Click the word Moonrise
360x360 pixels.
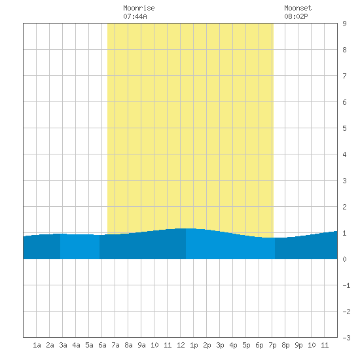point(139,8)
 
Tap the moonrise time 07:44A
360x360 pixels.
point(135,16)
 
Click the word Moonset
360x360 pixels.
point(298,8)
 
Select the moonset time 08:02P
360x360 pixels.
point(296,16)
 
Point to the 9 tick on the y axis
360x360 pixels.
point(344,24)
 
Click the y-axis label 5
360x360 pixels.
point(344,128)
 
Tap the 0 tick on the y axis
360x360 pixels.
point(344,259)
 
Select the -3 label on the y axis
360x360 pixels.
point(346,338)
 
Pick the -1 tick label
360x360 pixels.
point(346,285)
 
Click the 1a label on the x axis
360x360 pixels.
point(37,345)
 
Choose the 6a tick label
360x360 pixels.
point(102,345)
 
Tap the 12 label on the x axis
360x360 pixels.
point(181,345)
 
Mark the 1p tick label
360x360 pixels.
point(194,345)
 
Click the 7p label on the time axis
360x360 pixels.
point(272,345)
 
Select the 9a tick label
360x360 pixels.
point(141,345)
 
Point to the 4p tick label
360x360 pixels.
point(233,345)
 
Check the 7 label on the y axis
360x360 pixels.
point(344,76)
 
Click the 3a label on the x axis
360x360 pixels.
point(63,345)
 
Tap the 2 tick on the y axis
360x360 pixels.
point(344,207)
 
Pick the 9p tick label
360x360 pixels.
point(298,345)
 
